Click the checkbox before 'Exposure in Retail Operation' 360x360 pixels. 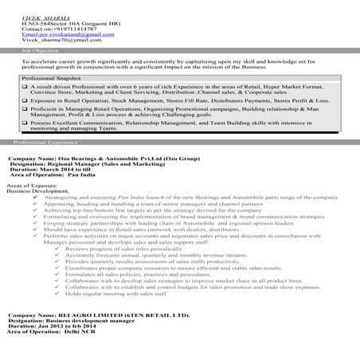pos(25,102)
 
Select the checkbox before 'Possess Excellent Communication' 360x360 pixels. pos(25,125)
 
